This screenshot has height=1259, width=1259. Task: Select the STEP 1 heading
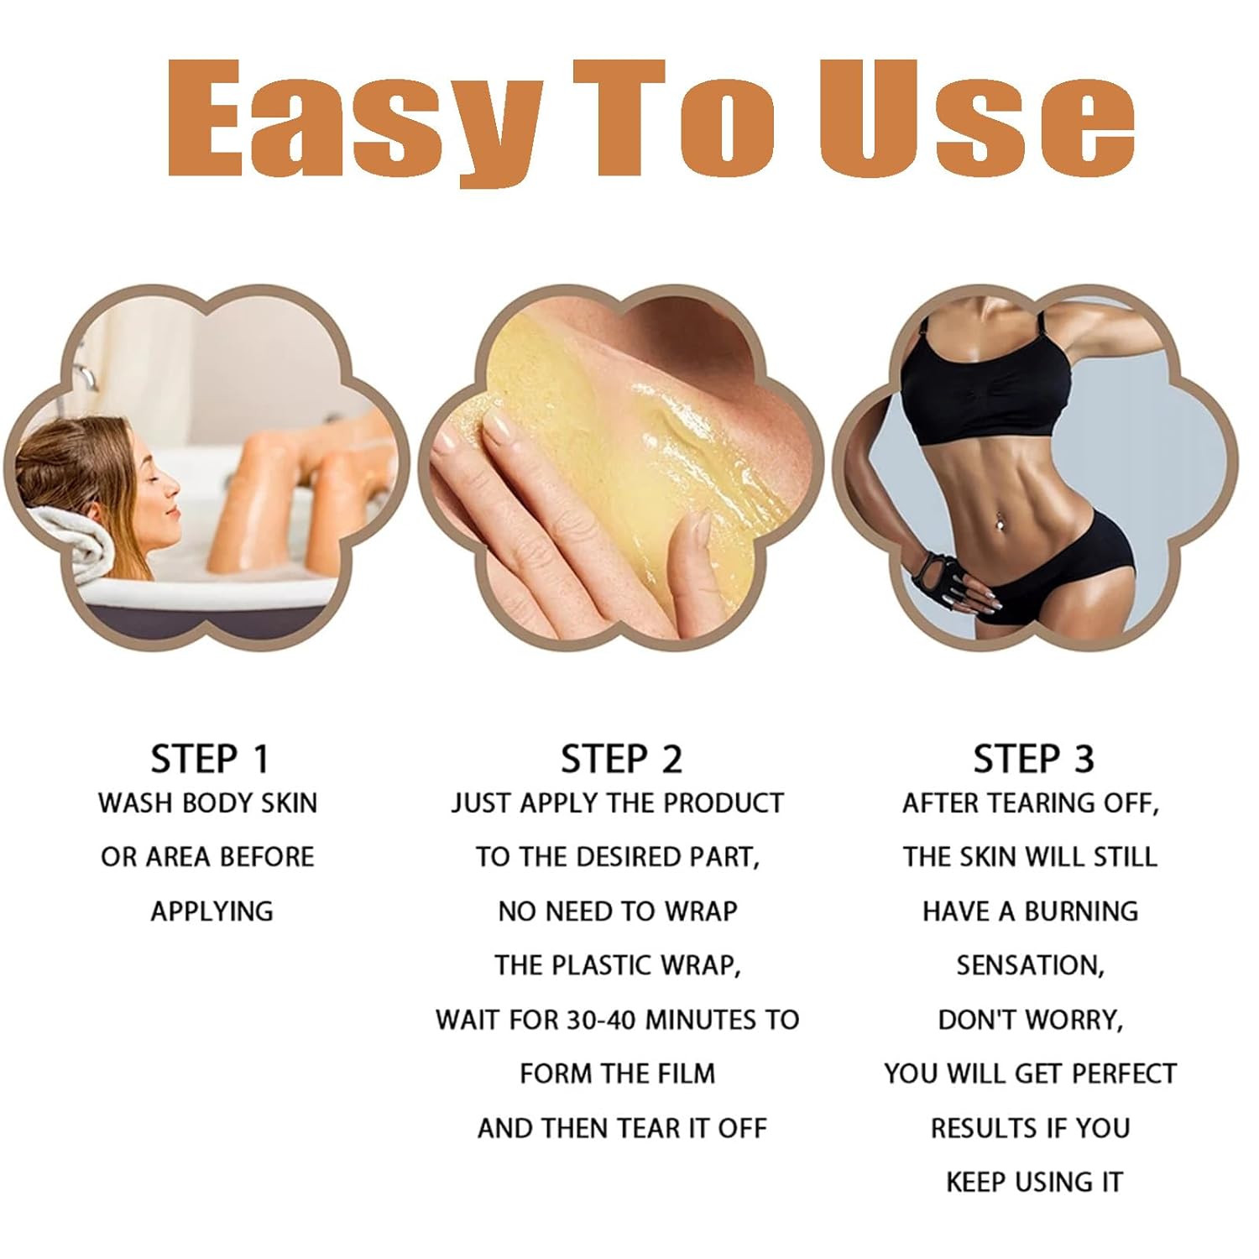click(210, 759)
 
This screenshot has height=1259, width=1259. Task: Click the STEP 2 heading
click(621, 759)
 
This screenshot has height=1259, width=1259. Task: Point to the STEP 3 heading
click(1033, 759)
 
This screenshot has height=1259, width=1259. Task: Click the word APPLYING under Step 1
click(212, 912)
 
